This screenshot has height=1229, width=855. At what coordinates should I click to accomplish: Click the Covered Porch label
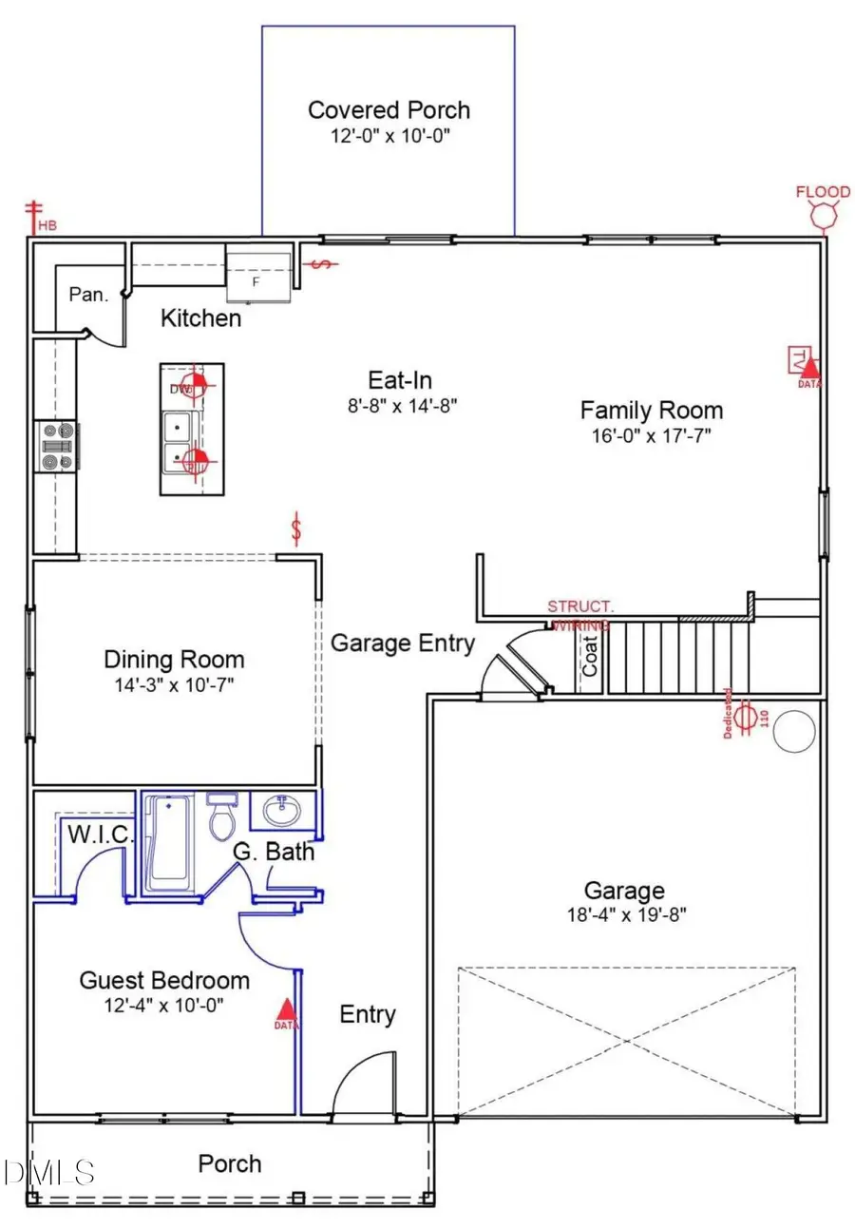tap(389, 110)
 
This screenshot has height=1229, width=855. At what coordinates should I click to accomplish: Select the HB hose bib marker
tap(38, 218)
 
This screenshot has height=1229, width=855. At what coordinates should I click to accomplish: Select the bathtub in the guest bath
tap(169, 839)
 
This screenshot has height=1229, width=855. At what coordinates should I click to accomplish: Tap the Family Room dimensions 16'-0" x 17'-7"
tap(651, 435)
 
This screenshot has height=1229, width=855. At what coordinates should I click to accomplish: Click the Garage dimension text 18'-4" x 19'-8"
tap(623, 915)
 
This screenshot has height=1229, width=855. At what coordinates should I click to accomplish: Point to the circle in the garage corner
tap(794, 731)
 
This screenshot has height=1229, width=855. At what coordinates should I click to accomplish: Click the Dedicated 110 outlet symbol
tap(747, 715)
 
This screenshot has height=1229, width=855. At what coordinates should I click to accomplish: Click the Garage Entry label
tap(402, 643)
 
